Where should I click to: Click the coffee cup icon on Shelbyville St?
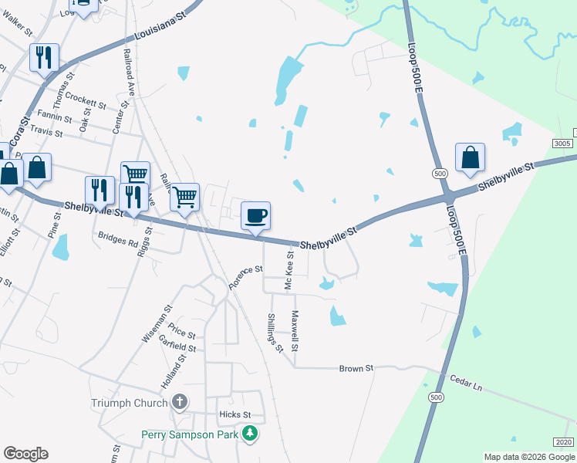pyautogui.click(x=256, y=215)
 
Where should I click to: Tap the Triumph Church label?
pyautogui.click(x=129, y=403)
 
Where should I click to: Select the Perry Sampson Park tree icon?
pyautogui.click(x=249, y=434)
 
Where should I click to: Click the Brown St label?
pyautogui.click(x=356, y=369)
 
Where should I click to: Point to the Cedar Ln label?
pyautogui.click(x=465, y=383)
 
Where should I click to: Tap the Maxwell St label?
pyautogui.click(x=295, y=329)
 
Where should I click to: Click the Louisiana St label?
pyautogui.click(x=160, y=30)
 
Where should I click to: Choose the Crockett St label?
pyautogui.click(x=85, y=100)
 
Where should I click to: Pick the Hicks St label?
pyautogui.click(x=235, y=414)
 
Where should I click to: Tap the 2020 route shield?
pyautogui.click(x=564, y=442)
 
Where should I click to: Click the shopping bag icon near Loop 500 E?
pyautogui.click(x=470, y=157)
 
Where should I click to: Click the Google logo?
pyautogui.click(x=25, y=454)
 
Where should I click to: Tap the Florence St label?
pyautogui.click(x=246, y=278)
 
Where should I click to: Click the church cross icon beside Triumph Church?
pyautogui.click(x=179, y=402)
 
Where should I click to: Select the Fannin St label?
pyautogui.click(x=55, y=120)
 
